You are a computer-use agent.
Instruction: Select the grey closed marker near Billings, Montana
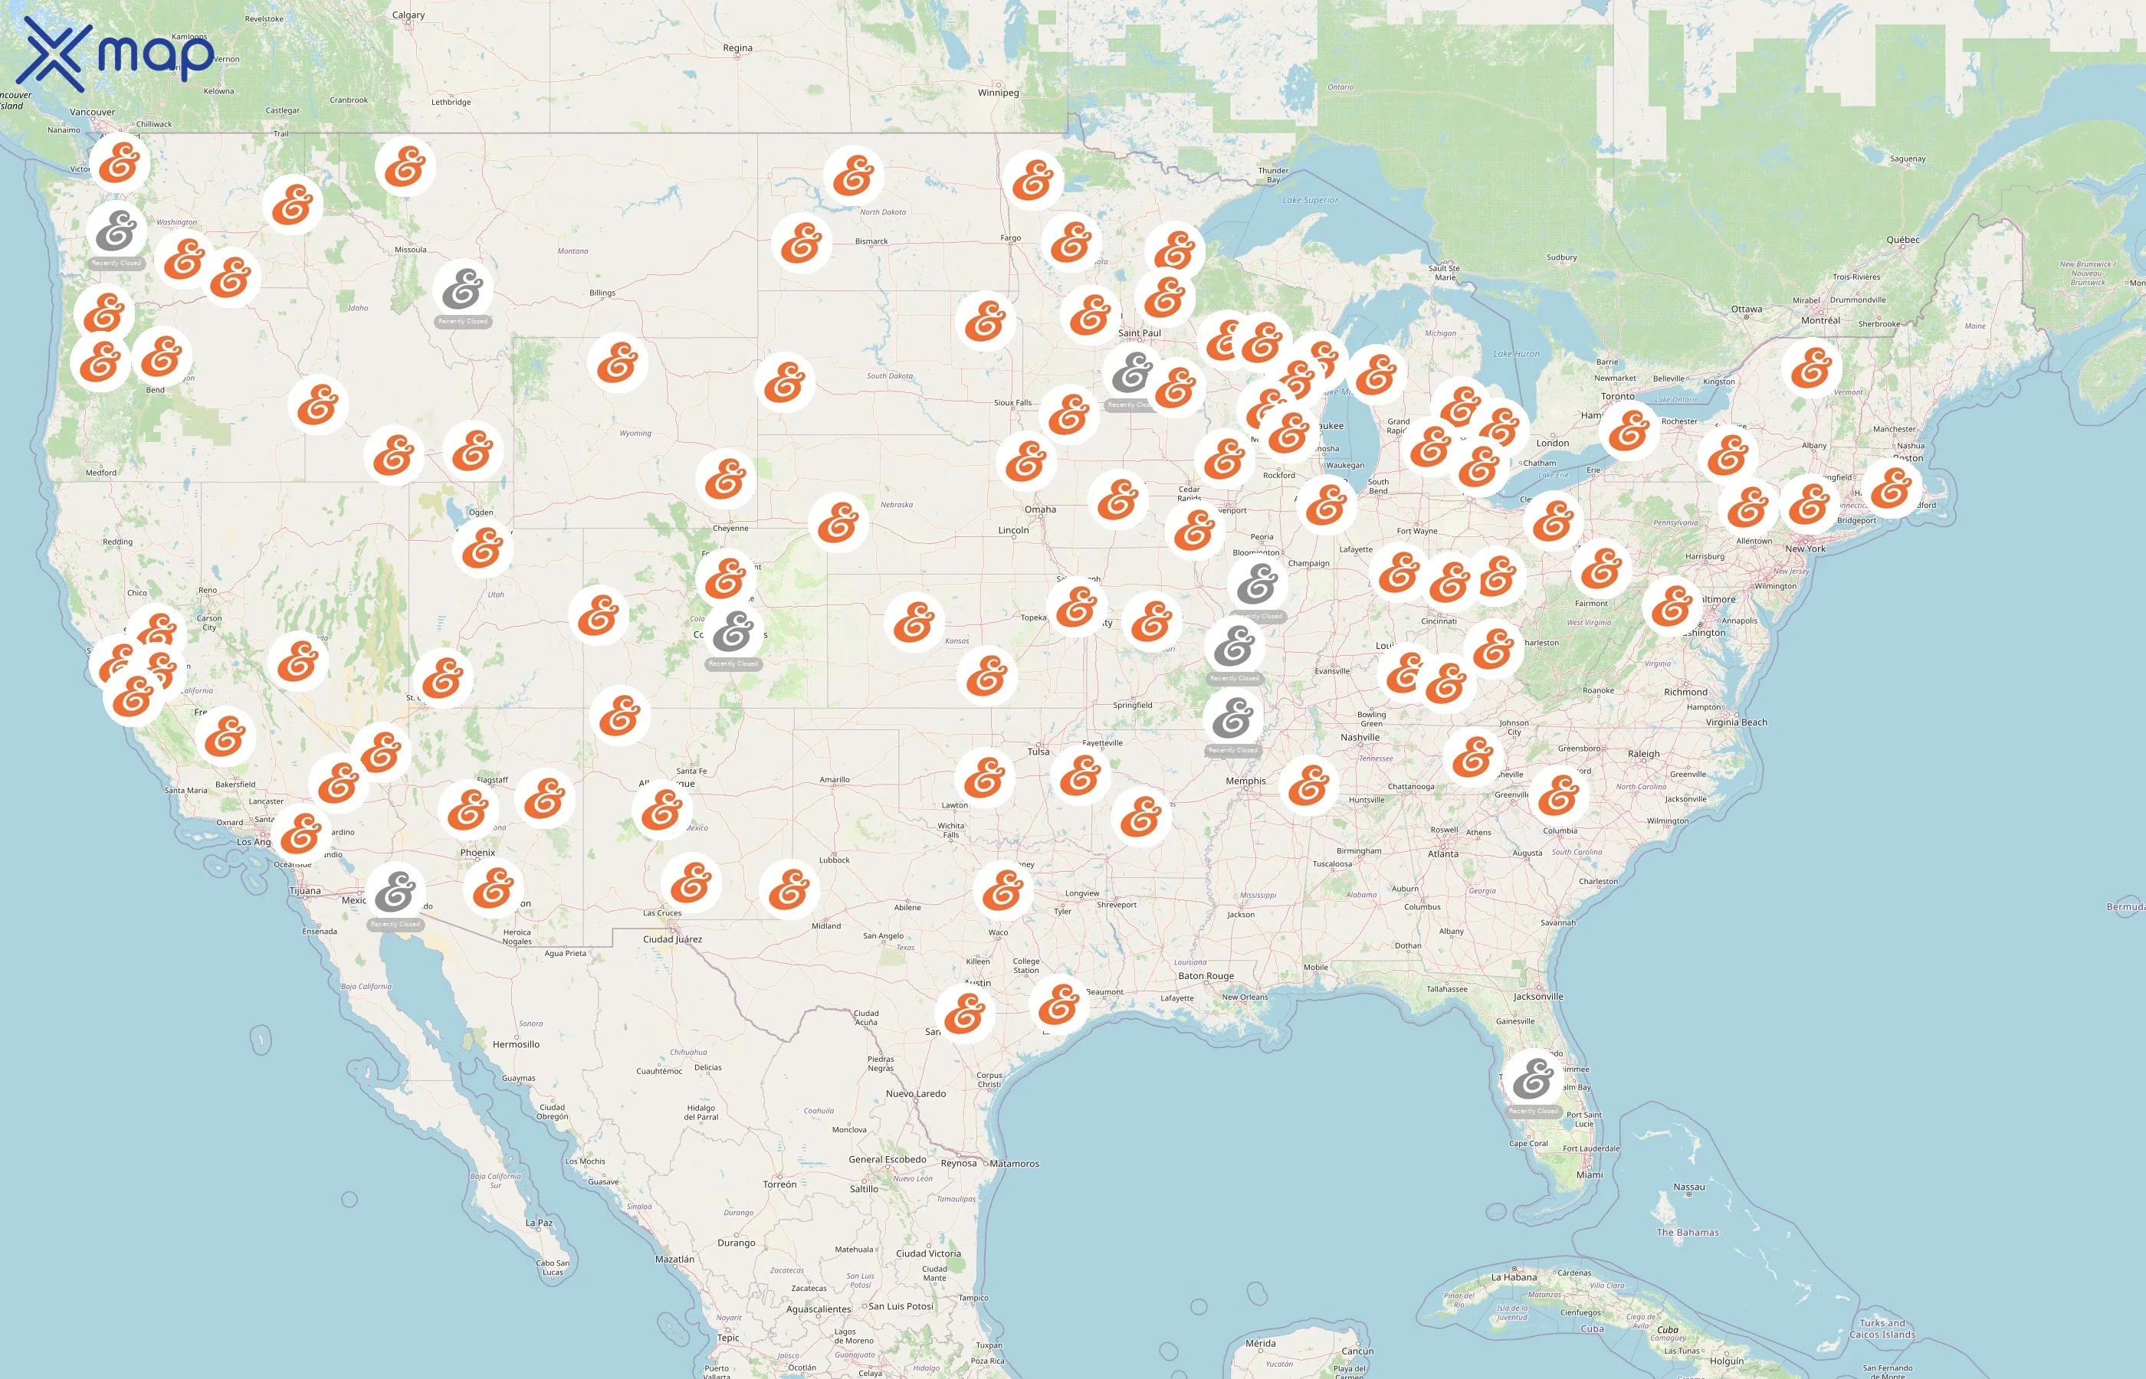(463, 290)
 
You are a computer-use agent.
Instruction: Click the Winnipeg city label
(998, 92)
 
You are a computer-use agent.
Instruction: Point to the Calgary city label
(409, 15)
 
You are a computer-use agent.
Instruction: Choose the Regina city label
(737, 48)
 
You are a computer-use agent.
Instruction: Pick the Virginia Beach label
(1736, 722)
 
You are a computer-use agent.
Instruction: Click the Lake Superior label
(1310, 201)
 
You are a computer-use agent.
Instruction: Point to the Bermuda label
(2125, 907)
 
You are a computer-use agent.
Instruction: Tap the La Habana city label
(1514, 1278)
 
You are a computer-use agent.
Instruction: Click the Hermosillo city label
(516, 1044)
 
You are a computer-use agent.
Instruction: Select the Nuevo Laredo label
(915, 1093)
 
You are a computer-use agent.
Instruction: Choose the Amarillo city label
(834, 780)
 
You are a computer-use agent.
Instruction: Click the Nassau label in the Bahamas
(1688, 1187)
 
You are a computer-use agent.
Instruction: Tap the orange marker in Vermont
(1811, 368)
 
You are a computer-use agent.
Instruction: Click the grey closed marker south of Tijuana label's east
(395, 891)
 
